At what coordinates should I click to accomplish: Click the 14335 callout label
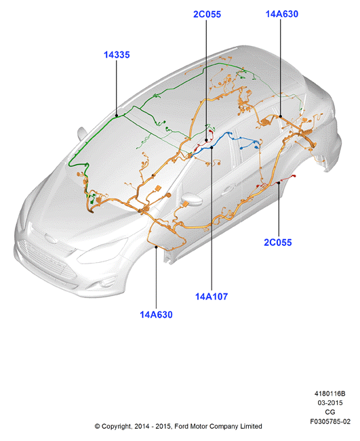coord(117,55)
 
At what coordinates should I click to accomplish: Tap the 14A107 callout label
coord(212,297)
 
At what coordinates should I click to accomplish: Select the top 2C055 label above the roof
coord(207,14)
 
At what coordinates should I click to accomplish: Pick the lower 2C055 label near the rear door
coord(278,243)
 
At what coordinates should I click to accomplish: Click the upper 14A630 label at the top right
coord(282,14)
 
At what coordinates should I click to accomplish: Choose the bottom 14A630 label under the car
coord(156,314)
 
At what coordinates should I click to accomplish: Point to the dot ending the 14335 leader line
coord(117,115)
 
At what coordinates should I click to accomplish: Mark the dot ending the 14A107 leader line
coord(212,147)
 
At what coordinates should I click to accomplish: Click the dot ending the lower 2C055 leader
coord(279,183)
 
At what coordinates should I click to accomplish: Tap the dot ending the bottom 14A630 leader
coord(156,247)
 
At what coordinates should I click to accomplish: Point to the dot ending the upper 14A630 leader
coord(281,116)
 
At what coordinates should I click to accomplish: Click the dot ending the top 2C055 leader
coord(206,140)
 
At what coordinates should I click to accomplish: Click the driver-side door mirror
coord(191,200)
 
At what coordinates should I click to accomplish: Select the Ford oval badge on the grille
coord(51,239)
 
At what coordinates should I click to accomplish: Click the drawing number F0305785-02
coord(330,421)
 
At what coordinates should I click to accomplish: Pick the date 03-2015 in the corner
coord(330,403)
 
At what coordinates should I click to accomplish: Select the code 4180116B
coord(330,394)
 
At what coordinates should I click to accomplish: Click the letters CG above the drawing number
coord(330,412)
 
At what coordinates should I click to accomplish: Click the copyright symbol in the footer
coord(97,426)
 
